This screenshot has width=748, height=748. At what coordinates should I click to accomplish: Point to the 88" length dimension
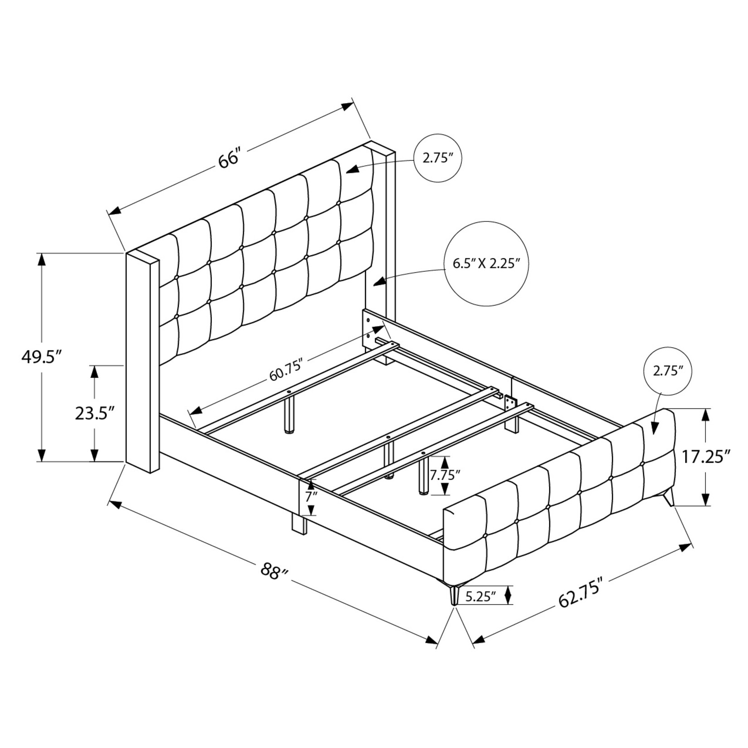point(275,571)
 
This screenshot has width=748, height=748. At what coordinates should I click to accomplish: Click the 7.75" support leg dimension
point(445,475)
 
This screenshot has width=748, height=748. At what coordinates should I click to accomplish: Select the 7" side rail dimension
point(312,496)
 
